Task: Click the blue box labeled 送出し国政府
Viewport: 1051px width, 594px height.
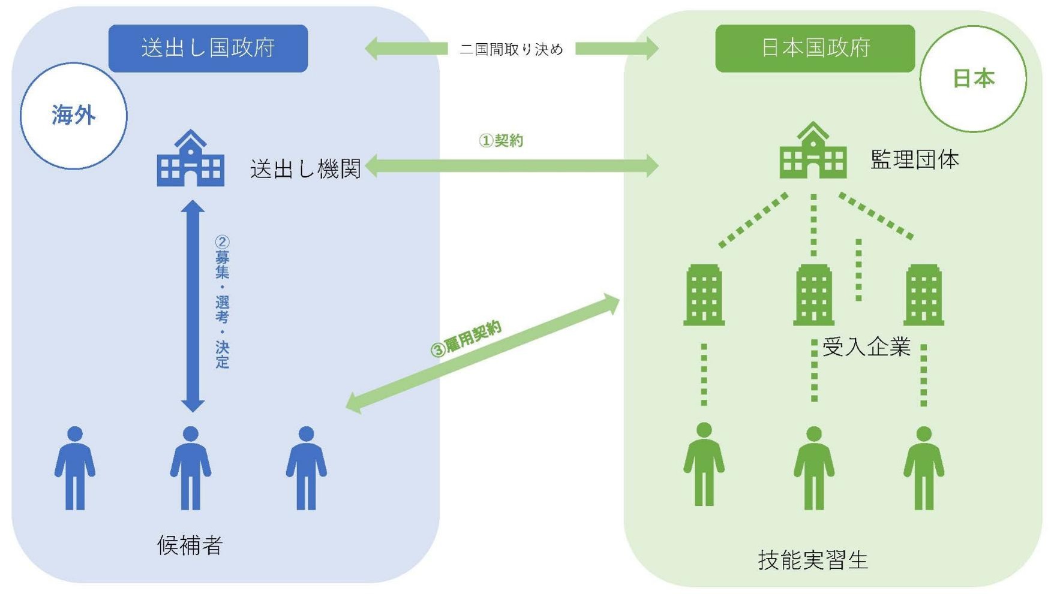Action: coord(208,48)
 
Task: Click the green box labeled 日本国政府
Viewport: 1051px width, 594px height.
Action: coord(815,48)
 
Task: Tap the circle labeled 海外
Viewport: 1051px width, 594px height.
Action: coord(74,115)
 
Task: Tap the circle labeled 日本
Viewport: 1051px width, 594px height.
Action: coord(973,79)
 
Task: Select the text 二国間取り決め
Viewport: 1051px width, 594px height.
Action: coord(511,49)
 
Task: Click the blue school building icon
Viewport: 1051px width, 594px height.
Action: coord(191,159)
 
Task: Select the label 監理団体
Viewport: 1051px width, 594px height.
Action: coord(914,159)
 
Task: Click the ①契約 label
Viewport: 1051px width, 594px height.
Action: coord(501,141)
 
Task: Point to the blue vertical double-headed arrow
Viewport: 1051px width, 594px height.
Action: coord(193,306)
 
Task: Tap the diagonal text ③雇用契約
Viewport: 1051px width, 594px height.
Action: coord(466,339)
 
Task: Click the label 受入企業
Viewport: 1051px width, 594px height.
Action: coord(866,347)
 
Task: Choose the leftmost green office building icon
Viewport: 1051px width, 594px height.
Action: coord(704,295)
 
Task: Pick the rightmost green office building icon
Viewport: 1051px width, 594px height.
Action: coord(924,295)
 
